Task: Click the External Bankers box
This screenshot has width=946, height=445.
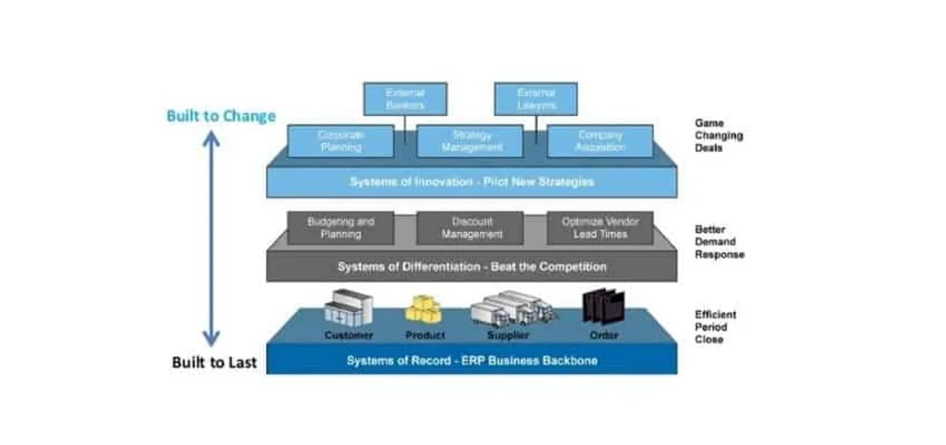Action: (x=405, y=99)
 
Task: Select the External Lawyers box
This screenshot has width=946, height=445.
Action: (x=536, y=99)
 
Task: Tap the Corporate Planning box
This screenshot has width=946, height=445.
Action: (x=340, y=141)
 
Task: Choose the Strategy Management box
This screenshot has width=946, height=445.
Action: (x=470, y=141)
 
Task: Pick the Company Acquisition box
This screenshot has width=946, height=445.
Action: (x=600, y=141)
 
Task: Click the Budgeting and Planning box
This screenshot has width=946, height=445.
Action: (x=340, y=228)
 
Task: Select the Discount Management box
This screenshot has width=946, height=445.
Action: (x=470, y=228)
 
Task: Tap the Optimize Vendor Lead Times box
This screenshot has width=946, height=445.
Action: (x=600, y=228)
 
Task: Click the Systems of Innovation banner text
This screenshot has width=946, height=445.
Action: (x=472, y=182)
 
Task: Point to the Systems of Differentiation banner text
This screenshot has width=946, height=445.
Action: (x=472, y=267)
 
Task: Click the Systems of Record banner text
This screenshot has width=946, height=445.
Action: (x=472, y=361)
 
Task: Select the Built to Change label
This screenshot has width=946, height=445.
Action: (x=221, y=116)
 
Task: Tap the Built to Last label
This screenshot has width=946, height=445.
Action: (x=214, y=362)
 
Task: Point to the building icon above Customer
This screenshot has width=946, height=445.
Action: (x=347, y=308)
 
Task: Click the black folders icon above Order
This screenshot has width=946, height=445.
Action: (x=604, y=307)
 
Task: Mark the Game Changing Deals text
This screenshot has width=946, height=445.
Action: (x=718, y=136)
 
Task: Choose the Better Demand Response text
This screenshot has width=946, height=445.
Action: (x=719, y=242)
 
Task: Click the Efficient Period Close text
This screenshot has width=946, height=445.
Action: (x=715, y=327)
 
